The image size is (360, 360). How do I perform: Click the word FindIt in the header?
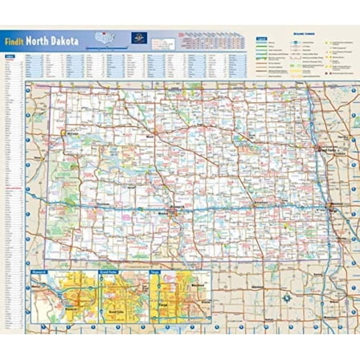(x=14, y=41)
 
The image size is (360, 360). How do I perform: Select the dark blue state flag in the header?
(x=137, y=39)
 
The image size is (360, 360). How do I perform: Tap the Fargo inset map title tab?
(x=154, y=272)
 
